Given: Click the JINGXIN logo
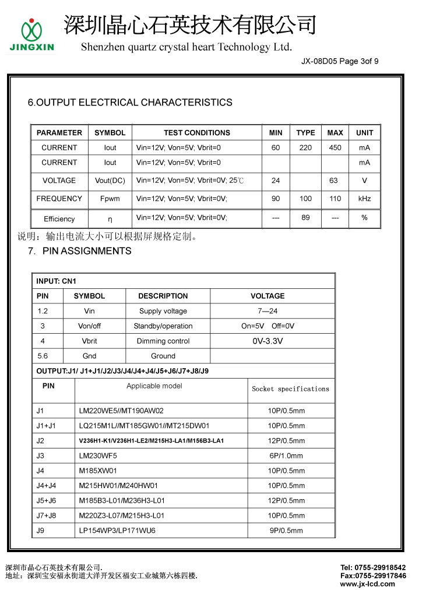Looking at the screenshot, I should tap(32, 35).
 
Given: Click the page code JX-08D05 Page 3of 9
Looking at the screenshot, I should tap(340, 61).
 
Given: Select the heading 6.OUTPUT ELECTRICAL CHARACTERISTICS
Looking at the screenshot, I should tap(130, 103).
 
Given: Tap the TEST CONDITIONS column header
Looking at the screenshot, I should tap(196, 133).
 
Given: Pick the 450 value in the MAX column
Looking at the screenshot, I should tap(335, 148).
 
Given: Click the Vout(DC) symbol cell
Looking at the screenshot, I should tap(110, 181).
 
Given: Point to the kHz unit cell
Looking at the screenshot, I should tap(364, 199).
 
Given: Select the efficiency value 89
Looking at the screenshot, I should tap(305, 218).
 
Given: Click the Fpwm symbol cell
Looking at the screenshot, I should tap(110, 199).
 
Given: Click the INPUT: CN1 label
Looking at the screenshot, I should tap(56, 281).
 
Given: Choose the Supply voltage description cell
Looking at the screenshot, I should tap(163, 311).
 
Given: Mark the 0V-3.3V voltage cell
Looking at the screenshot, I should tap(267, 341).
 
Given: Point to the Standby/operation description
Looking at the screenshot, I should tap(163, 326).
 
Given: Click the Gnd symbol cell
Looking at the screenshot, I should tap(89, 356).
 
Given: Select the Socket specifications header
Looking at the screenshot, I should tap(290, 389).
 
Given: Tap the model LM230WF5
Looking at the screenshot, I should tap(97, 455).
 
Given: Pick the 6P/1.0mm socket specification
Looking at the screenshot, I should tap(286, 455).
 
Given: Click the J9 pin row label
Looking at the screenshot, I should tap(40, 531).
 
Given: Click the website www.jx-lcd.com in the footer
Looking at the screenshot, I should tap(367, 584).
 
